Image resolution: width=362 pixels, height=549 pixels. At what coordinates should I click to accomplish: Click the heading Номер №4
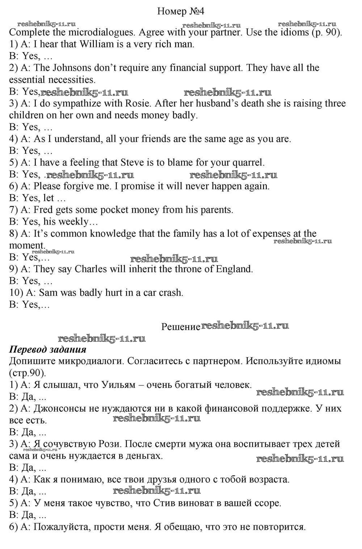[181, 11]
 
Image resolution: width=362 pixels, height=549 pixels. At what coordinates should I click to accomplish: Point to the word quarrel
[249, 162]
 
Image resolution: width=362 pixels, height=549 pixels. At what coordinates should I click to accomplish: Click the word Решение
[180, 327]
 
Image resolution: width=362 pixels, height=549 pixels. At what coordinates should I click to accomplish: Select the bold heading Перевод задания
[47, 350]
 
